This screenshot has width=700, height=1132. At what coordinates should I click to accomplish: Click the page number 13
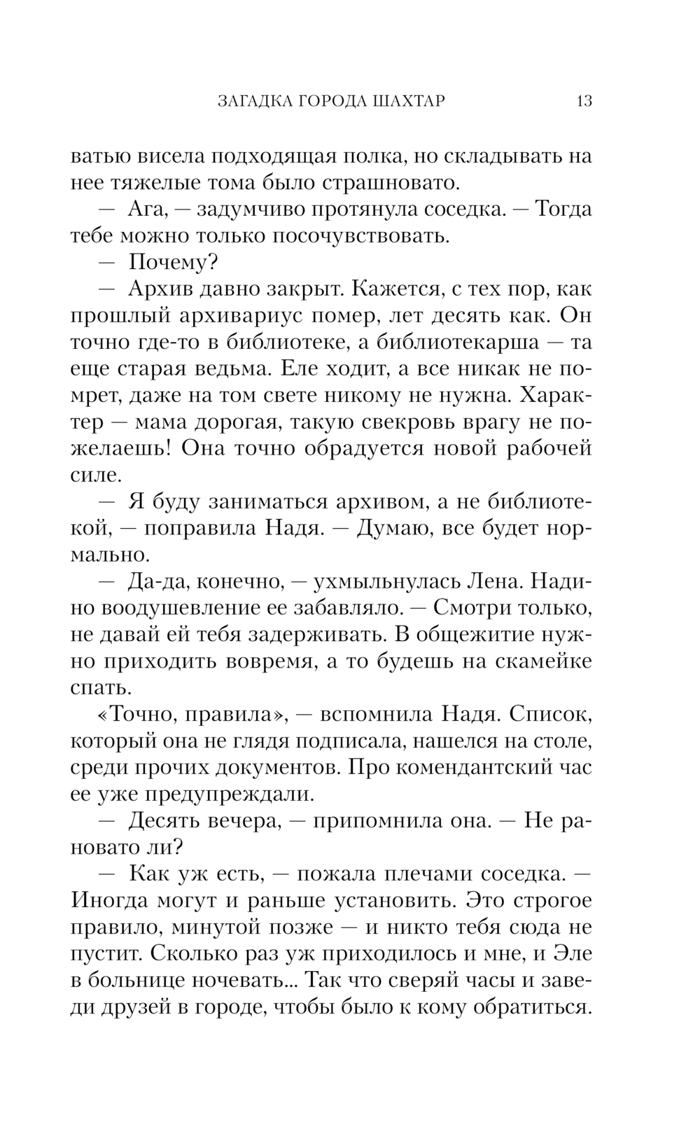[x=584, y=101]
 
